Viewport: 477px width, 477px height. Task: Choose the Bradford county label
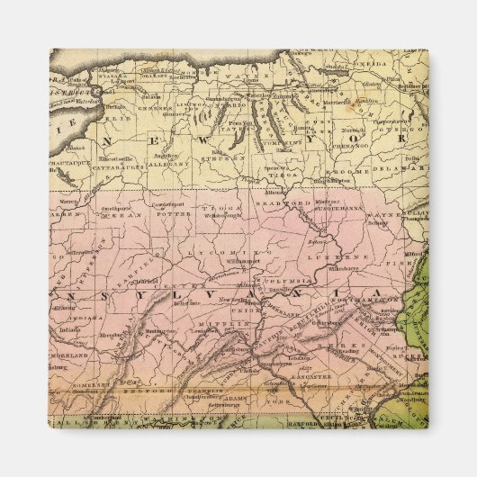pos(283,203)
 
